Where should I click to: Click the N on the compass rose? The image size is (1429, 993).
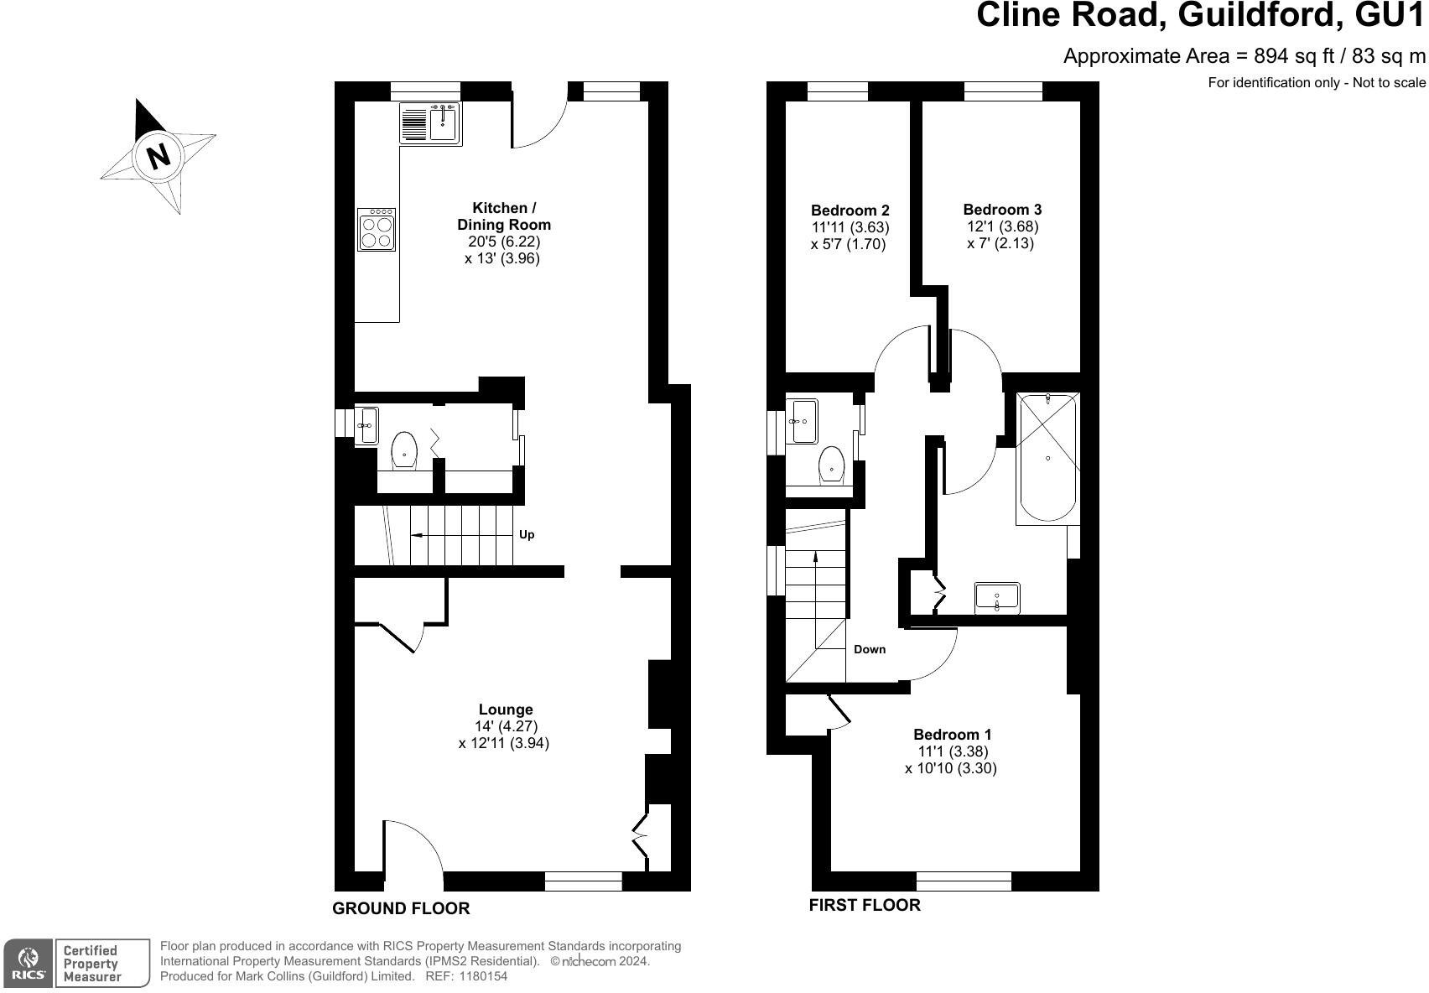click(158, 156)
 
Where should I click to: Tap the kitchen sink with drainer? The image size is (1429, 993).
click(430, 123)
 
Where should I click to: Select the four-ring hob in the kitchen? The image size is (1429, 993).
click(377, 230)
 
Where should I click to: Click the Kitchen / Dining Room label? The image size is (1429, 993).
click(503, 216)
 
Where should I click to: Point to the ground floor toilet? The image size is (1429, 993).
click(404, 450)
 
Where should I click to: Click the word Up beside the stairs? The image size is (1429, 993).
click(527, 534)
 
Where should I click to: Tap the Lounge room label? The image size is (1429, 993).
click(506, 710)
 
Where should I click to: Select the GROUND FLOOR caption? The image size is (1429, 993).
click(401, 908)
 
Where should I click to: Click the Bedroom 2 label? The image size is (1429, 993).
click(850, 211)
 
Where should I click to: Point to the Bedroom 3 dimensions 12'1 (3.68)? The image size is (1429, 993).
click(1002, 226)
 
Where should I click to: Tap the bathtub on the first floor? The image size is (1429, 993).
click(1047, 457)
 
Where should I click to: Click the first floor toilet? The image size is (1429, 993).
click(831, 464)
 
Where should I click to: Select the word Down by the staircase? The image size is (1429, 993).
click(870, 649)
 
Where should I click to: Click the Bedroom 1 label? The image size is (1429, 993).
click(952, 735)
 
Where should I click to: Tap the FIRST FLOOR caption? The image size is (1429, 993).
click(864, 905)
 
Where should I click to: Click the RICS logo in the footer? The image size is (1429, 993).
click(28, 963)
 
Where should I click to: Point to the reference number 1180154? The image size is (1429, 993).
click(481, 976)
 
